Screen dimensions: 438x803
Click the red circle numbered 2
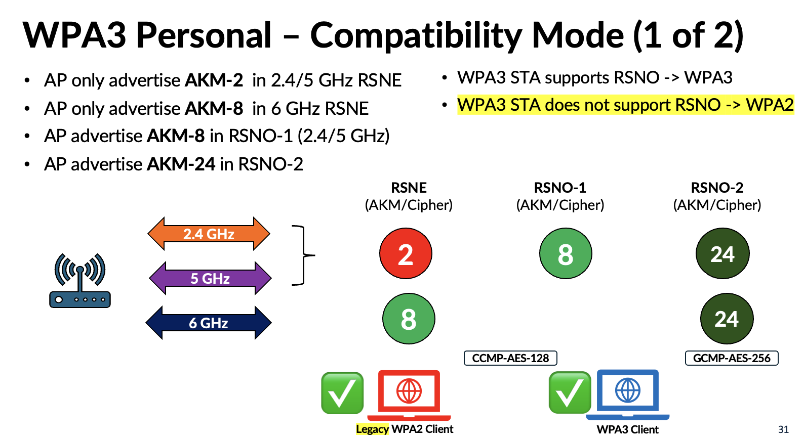pyautogui.click(x=406, y=253)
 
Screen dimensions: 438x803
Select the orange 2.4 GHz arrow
pyautogui.click(x=209, y=234)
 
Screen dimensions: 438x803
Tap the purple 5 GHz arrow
pyautogui.click(x=210, y=278)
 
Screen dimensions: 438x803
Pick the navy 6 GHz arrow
pyautogui.click(x=209, y=323)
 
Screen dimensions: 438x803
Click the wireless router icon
pyautogui.click(x=80, y=281)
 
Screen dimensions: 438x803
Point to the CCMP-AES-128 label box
pyautogui.click(x=510, y=358)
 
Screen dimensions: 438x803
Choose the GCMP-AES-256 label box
pyautogui.click(x=732, y=358)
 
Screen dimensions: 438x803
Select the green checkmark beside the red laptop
pyautogui.click(x=342, y=393)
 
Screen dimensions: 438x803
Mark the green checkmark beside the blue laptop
pyautogui.click(x=570, y=392)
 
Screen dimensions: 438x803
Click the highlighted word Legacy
pyautogui.click(x=372, y=429)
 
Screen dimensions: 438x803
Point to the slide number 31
pyautogui.click(x=783, y=429)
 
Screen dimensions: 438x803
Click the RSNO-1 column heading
pyautogui.click(x=560, y=188)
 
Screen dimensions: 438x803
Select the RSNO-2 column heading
pyautogui.click(x=717, y=188)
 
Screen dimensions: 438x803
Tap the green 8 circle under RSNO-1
pyautogui.click(x=566, y=253)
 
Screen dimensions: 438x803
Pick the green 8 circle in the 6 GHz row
pyautogui.click(x=409, y=319)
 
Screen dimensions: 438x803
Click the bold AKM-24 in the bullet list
pyautogui.click(x=181, y=164)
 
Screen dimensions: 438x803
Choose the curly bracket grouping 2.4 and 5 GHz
pyautogui.click(x=303, y=255)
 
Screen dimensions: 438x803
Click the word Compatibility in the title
pyautogui.click(x=416, y=35)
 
